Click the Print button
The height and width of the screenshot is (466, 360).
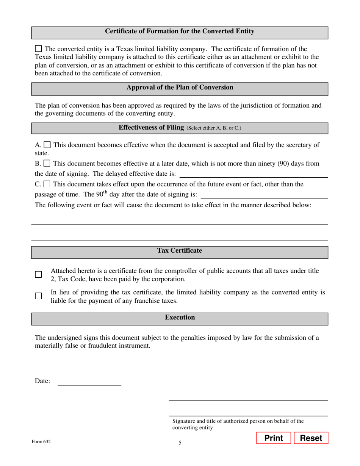[273, 438]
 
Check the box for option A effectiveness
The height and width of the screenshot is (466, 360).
[47, 145]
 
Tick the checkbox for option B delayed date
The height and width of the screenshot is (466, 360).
[47, 164]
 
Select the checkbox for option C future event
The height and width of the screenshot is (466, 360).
[47, 184]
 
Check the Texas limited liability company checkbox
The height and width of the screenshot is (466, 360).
[38, 48]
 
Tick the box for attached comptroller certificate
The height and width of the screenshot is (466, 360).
[38, 274]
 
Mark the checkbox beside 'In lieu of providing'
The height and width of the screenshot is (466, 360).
[38, 296]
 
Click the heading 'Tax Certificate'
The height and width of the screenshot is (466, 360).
[180, 251]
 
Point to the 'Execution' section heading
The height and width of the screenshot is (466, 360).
[180, 317]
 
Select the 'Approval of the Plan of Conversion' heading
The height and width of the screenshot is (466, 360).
[180, 88]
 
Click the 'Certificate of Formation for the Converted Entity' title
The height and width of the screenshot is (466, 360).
[180, 31]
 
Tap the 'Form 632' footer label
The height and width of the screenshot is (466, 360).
[41, 441]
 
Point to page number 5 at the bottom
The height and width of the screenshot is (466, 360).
[180, 443]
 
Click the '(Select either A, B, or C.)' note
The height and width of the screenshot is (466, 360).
[214, 128]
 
